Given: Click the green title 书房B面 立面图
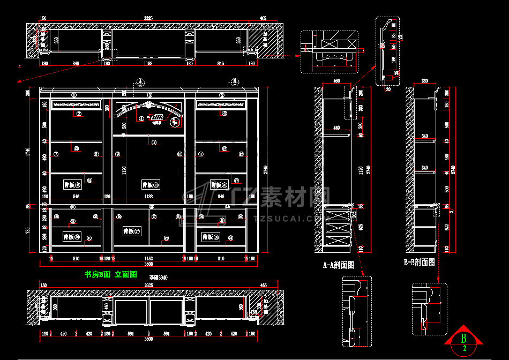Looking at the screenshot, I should coord(111,274).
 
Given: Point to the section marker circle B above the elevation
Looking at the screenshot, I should coord(234,81).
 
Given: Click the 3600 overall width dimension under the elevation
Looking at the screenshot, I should coord(148,264).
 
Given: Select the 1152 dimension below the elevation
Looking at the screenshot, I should coord(148,258).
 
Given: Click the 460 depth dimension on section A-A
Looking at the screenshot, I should coord(336,81).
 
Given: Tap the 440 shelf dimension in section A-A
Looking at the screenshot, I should coord(336,128).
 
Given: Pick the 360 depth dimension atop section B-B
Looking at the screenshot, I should coord(425,81).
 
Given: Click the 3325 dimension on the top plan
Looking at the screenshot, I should coord(148,18).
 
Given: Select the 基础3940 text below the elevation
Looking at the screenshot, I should coord(159,277).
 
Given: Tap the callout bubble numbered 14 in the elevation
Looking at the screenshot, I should coord(154,142).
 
